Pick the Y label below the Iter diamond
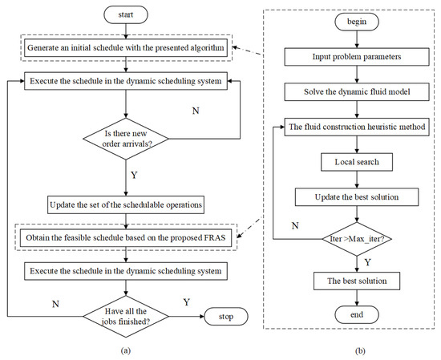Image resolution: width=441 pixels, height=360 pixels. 366,261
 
